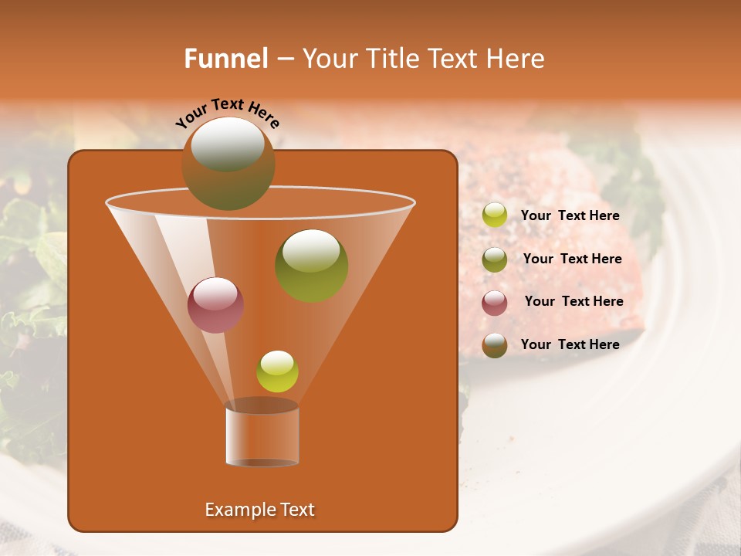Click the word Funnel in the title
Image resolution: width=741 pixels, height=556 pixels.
(226, 59)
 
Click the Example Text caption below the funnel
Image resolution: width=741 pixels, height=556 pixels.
(260, 510)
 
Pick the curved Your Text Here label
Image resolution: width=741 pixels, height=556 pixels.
(228, 113)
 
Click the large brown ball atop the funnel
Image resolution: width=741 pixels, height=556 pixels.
(228, 163)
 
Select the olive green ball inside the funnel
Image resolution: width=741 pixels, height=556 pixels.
(311, 265)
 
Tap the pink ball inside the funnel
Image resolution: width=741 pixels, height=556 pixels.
(215, 305)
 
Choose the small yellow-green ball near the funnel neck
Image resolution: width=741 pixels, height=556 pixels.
(277, 371)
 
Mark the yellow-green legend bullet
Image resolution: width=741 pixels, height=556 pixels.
(495, 215)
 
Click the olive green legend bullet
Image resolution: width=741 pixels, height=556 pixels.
(495, 259)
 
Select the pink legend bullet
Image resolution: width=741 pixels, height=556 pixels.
(495, 303)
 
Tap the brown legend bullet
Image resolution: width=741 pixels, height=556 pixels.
(495, 345)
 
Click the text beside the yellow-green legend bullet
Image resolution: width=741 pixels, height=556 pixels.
(570, 216)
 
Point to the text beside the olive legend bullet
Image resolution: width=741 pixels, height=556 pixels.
(572, 259)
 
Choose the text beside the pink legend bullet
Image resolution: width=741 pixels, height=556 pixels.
(574, 302)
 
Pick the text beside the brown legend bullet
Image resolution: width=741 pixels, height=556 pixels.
(570, 344)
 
